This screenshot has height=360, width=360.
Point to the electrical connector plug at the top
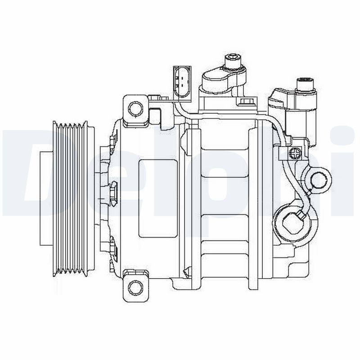point(181,82)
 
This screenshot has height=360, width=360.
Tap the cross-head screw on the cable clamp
point(295,153)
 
